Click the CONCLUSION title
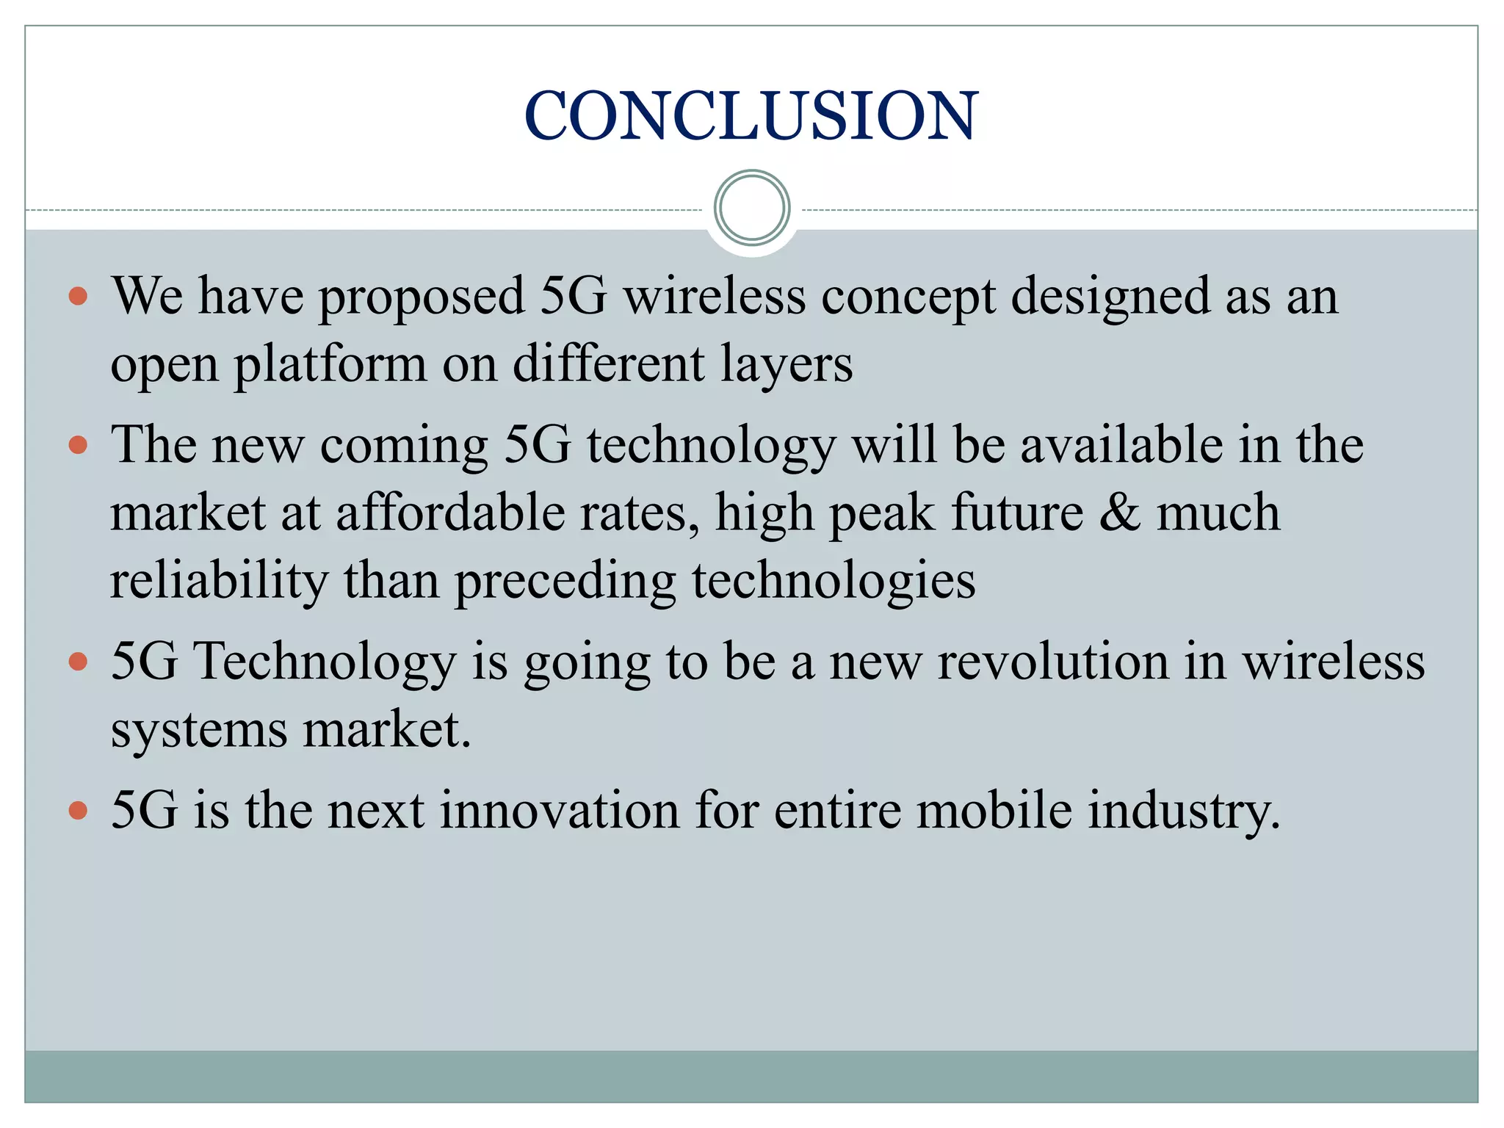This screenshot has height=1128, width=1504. coord(751,115)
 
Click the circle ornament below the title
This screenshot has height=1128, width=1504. coord(752,208)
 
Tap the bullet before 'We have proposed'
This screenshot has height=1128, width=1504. coord(78,296)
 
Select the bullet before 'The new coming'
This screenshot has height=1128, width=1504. coord(78,445)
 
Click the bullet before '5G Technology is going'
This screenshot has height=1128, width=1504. coord(78,662)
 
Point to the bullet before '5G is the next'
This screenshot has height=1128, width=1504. coord(78,811)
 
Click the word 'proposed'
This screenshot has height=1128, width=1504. coord(422,297)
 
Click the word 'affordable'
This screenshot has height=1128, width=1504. coord(450,512)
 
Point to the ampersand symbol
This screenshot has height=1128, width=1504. coord(1119,512)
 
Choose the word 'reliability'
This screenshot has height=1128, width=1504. coord(219,580)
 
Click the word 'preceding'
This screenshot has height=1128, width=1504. coord(565,580)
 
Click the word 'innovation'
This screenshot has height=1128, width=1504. coord(560,811)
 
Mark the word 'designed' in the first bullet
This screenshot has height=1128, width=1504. coord(1110,297)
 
